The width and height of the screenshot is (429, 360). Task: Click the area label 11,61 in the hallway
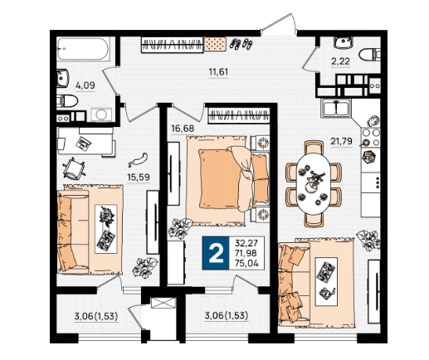[x=218, y=72]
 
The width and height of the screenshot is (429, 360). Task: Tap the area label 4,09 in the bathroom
[x=85, y=85]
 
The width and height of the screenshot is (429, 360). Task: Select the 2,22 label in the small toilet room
[x=340, y=61]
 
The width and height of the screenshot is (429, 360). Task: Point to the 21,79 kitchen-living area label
[x=342, y=141]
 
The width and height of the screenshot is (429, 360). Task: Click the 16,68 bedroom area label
[x=183, y=129]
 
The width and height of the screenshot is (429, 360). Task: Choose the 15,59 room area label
[x=139, y=177]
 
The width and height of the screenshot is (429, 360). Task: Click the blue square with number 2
[x=216, y=253]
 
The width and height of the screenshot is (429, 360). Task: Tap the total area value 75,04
[x=246, y=263]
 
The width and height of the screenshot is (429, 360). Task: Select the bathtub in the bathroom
[x=83, y=49]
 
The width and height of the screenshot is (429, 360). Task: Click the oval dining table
[x=314, y=183]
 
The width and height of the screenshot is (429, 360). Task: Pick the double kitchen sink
[x=336, y=108]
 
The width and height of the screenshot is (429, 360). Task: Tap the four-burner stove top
[x=371, y=138]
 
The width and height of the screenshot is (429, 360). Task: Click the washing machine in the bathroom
[x=101, y=114]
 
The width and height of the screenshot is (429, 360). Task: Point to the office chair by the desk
[x=74, y=168]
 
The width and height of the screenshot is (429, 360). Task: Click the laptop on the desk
[x=83, y=144]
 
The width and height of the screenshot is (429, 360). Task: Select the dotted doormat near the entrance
[x=215, y=44]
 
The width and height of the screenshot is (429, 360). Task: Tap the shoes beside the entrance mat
[x=241, y=44]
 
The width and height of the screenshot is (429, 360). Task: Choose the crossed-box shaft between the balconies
[x=163, y=303]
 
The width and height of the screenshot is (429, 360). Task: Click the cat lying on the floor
[x=138, y=160]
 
